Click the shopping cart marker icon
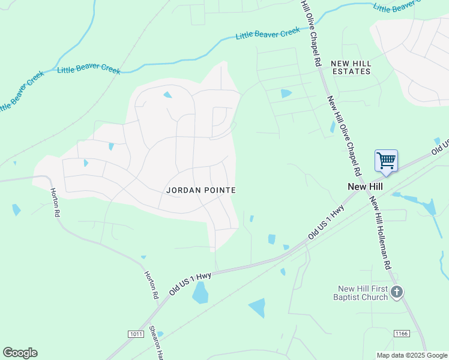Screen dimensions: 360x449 (x=386, y=161)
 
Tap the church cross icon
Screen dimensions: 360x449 (x=396, y=292)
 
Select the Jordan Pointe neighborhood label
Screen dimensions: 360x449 (x=201, y=190)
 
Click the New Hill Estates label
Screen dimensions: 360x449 (x=351, y=67)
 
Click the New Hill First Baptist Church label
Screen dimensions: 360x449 (x=361, y=293)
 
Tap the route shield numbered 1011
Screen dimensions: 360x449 (x=135, y=334)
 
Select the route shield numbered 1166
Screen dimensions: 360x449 (x=402, y=333)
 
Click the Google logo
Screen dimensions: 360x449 (x=20, y=353)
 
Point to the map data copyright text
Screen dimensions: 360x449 (x=411, y=355)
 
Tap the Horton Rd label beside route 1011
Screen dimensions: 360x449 (x=151, y=285)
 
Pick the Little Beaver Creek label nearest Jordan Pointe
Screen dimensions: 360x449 (x=89, y=70)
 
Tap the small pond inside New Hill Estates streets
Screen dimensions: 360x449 (x=286, y=93)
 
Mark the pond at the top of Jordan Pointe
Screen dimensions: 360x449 (x=167, y=95)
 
